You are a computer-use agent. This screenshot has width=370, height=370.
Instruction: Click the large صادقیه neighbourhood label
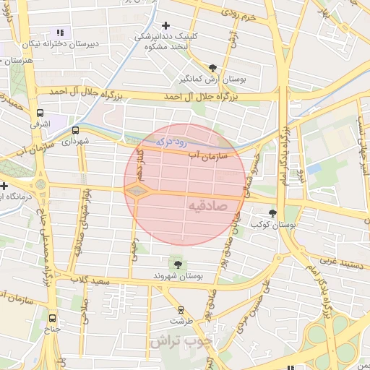click(208, 205)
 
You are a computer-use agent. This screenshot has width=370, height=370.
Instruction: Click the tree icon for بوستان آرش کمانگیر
click(212, 67)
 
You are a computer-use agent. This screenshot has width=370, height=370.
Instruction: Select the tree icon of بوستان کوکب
click(272, 212)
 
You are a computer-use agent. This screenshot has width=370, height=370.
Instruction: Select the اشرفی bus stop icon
click(40, 113)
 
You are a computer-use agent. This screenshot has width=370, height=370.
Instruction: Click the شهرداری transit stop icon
click(76, 131)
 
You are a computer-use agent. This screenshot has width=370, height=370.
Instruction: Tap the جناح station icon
click(52, 317)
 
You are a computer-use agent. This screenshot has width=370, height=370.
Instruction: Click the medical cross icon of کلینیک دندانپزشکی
click(165, 25)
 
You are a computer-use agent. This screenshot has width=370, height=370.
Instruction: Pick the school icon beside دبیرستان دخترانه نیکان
click(60, 33)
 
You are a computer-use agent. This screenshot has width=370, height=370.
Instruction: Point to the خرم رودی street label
click(239, 14)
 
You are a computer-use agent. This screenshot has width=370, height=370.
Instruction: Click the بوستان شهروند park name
click(178, 276)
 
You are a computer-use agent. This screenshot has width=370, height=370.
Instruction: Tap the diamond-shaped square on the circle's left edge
click(137, 191)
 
